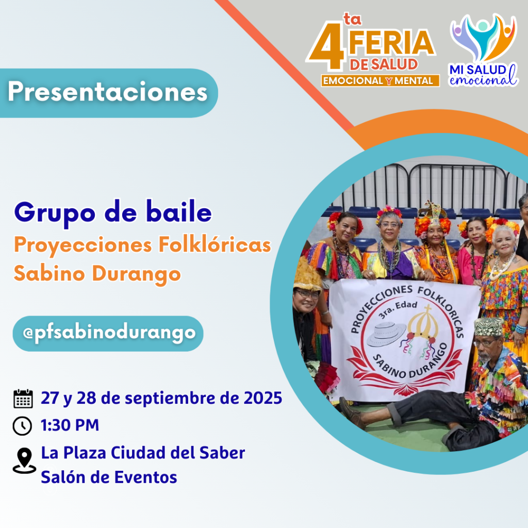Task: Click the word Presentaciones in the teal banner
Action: point(107,92)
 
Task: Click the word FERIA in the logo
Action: point(391,42)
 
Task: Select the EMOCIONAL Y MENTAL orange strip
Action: point(380,81)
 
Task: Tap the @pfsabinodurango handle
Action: point(109,334)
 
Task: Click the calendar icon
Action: point(23,399)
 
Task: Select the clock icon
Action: point(22,425)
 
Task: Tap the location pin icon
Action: point(24,460)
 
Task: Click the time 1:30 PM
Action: point(70,425)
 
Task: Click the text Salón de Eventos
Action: point(109,477)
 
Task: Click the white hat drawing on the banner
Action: point(386,334)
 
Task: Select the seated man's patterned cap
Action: point(489,326)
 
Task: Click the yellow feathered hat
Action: point(307,275)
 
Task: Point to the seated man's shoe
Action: point(352,413)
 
